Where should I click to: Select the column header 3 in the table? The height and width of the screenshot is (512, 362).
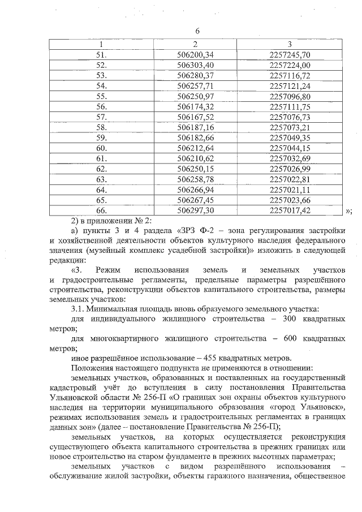290,44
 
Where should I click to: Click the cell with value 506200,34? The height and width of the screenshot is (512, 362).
195,54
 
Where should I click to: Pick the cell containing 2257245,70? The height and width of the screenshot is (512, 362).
290,54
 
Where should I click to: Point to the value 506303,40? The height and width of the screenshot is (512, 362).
195,64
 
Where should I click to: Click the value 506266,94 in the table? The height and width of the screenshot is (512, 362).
195,189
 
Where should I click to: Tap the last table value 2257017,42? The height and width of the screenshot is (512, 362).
290,209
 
